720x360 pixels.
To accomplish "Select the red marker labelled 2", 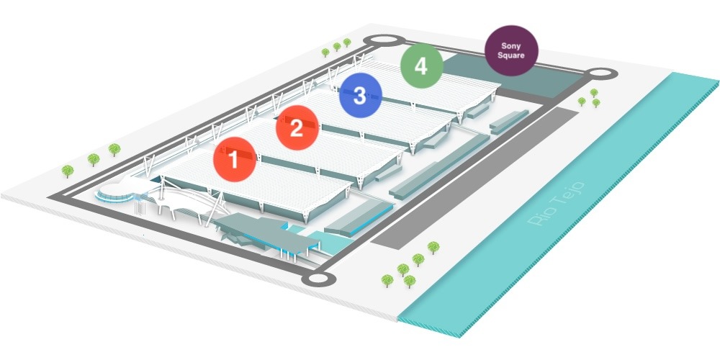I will pos(296,128).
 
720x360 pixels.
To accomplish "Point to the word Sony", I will pos(511,45).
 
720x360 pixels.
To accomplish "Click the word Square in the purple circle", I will pos(511,55).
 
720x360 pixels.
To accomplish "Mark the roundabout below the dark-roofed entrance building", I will pos(318,279).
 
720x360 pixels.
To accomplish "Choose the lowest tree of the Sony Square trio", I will pos(595,104).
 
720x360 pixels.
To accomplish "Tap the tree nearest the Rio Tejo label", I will pos(433,247).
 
